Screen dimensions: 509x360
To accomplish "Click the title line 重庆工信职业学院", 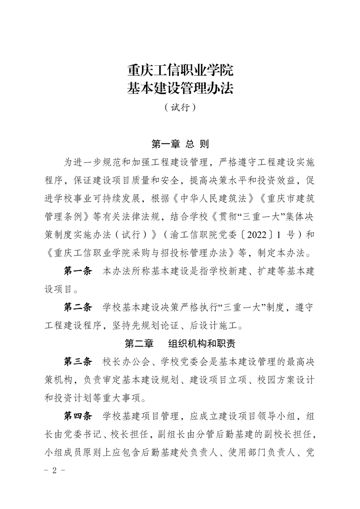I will tap(180, 71).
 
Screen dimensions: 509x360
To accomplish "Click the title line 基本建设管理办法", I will tap(180, 88).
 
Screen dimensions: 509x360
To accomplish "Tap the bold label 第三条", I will tap(78, 362).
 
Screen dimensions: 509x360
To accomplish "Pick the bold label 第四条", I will tap(78, 416).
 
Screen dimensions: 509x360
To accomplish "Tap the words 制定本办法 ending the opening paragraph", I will tap(282, 251).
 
